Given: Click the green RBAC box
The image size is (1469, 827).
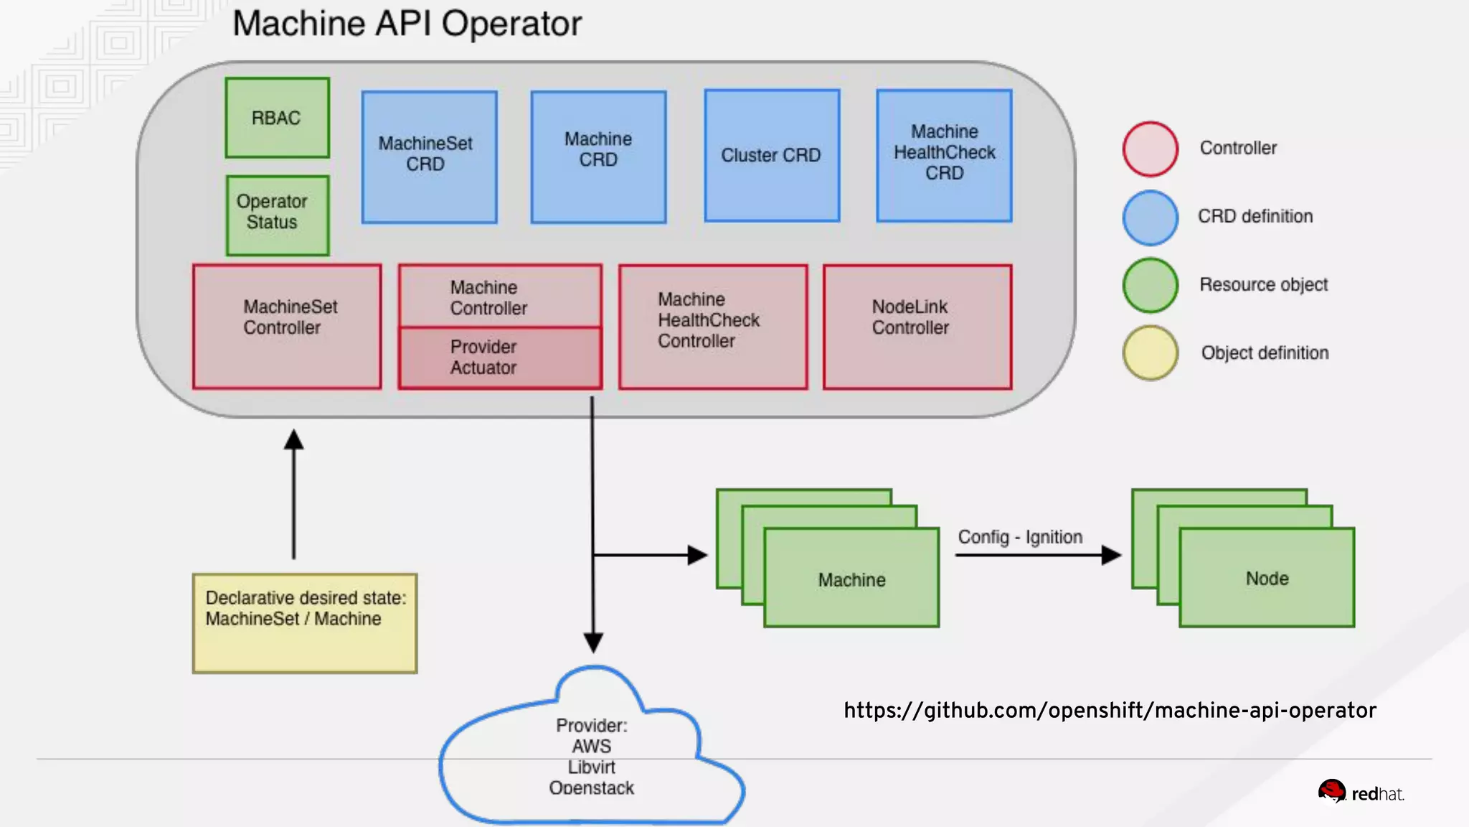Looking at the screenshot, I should click(277, 118).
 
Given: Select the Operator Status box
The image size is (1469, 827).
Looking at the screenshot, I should click(277, 215).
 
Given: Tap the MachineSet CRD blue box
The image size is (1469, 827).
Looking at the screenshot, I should click(429, 156).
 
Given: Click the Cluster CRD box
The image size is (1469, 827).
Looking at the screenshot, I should click(772, 155).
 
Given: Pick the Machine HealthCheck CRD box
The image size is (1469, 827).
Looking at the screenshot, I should click(944, 155).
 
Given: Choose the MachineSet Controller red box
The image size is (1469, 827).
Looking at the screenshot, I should click(287, 327).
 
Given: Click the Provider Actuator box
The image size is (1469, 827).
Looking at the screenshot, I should click(500, 358).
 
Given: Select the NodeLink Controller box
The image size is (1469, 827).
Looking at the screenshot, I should click(917, 327).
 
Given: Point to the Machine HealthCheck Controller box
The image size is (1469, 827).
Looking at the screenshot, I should click(713, 327).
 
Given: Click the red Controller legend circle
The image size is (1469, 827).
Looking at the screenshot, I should click(1151, 149).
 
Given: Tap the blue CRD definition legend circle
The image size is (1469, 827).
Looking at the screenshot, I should click(1151, 217).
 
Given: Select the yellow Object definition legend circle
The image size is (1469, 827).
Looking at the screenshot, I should click(1151, 352).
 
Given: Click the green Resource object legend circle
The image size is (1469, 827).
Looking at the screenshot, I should click(1151, 285).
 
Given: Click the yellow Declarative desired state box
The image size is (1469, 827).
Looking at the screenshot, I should click(305, 623).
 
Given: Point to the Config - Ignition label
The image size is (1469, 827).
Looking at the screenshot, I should click(1020, 537).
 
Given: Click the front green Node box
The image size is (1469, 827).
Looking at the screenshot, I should click(1267, 578).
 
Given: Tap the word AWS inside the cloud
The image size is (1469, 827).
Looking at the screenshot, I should click(592, 746).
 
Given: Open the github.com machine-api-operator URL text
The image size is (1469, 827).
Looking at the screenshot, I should click(1110, 710).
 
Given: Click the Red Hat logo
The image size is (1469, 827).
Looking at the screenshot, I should click(1361, 793).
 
